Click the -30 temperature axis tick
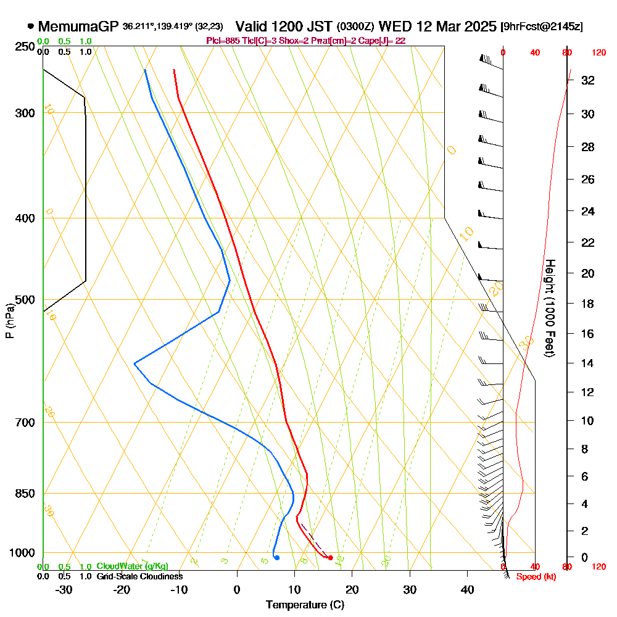[64, 589]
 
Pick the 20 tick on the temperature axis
[352, 589]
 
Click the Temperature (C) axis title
[305, 605]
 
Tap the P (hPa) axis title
[9, 321]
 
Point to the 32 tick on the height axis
[588, 80]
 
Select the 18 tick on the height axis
[588, 304]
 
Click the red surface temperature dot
[331, 558]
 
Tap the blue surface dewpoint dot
[277, 558]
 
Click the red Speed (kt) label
[536, 577]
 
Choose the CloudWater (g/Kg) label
[132, 566]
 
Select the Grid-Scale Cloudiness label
[139, 576]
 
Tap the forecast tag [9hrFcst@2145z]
[542, 27]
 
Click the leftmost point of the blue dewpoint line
[135, 364]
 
